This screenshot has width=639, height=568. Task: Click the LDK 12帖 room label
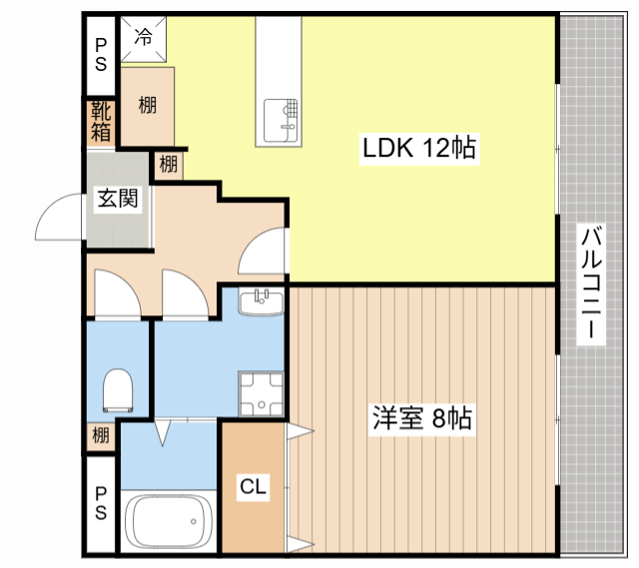[x=419, y=149]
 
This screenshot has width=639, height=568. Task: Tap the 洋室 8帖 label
[x=422, y=418]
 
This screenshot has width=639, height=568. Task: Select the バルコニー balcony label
[x=591, y=284]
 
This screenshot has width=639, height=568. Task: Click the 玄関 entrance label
[x=118, y=199]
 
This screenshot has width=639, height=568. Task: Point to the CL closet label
[x=253, y=486]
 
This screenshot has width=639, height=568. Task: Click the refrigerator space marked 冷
[x=144, y=39]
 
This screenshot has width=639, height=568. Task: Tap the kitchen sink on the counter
[x=281, y=121]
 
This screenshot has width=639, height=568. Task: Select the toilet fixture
[x=118, y=390]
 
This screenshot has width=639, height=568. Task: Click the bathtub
[x=169, y=521]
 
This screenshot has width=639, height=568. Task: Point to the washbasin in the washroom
[x=262, y=302]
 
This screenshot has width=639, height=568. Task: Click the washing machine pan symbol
[x=262, y=394]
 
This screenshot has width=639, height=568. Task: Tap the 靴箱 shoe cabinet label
[x=101, y=122]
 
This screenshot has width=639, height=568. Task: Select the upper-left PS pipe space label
[x=101, y=55]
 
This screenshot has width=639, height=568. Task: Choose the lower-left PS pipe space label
[x=101, y=504]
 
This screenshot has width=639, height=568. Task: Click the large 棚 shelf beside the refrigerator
[x=148, y=106]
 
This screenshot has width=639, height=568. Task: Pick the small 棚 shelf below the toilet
[x=101, y=435]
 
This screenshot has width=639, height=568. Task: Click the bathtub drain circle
[x=193, y=521]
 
